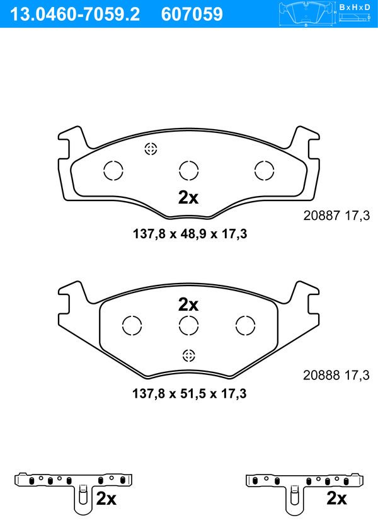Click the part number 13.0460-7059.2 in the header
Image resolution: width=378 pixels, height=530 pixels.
[76, 14]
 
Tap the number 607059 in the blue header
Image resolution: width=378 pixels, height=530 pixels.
[192, 14]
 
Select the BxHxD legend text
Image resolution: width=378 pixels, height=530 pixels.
[355, 7]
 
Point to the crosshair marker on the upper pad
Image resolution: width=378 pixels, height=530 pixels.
[151, 149]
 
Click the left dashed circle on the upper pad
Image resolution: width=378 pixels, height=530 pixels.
[113, 171]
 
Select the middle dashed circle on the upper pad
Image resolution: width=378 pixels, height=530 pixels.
[189, 171]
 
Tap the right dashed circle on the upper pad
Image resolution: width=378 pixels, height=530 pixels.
[264, 171]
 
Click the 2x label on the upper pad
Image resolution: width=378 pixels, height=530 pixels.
[188, 197]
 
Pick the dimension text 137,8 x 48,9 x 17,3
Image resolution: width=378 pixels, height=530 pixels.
[190, 234]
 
